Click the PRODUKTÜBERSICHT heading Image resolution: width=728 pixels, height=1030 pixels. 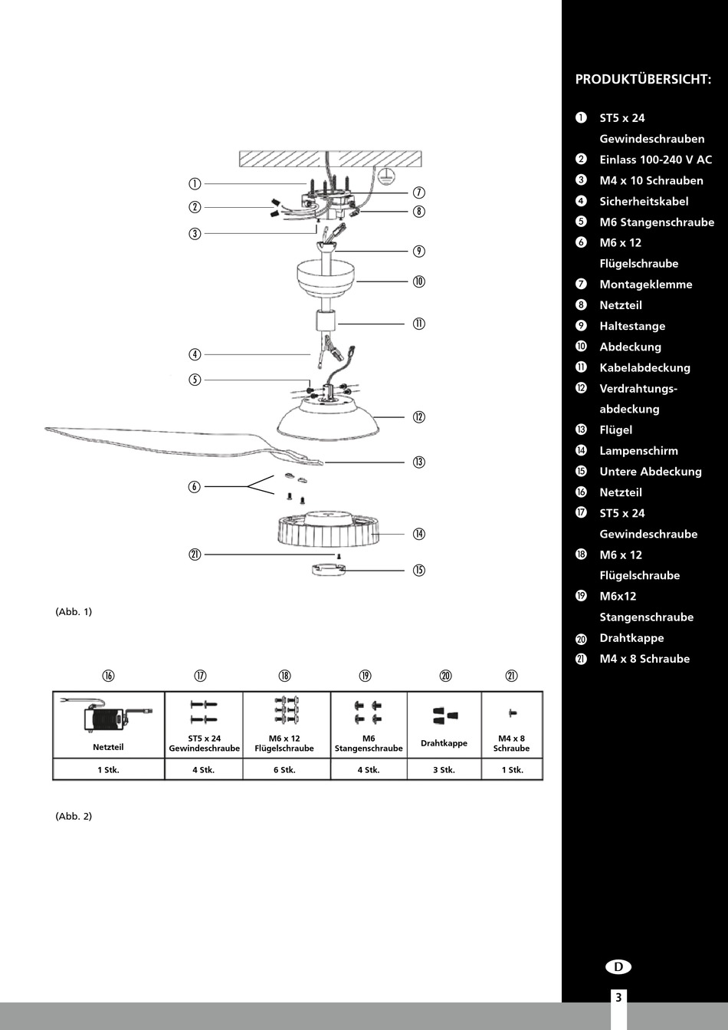pos(643,79)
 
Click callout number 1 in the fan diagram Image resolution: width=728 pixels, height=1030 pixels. pos(195,184)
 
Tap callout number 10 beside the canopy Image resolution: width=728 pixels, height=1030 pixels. pos(418,281)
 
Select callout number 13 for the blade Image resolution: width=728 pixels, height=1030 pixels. pos(418,462)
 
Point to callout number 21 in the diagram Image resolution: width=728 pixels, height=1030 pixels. pos(195,554)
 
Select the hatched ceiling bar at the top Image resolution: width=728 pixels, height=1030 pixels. pos(330,159)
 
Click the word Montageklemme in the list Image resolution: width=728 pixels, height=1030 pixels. pos(645,285)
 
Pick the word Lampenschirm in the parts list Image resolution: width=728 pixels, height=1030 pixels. pos(638,451)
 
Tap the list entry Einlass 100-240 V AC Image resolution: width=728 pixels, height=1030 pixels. pos(655,160)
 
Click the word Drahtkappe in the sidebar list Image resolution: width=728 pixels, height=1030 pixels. pos(631,638)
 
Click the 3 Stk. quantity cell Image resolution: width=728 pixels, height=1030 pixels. pos(444,770)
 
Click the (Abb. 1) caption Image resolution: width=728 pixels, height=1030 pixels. pos(74,612)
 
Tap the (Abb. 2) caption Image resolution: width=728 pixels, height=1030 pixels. pos(74,816)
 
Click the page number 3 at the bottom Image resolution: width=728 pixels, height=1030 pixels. pos(618,998)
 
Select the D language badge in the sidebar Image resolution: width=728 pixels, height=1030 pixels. pos(618,967)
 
